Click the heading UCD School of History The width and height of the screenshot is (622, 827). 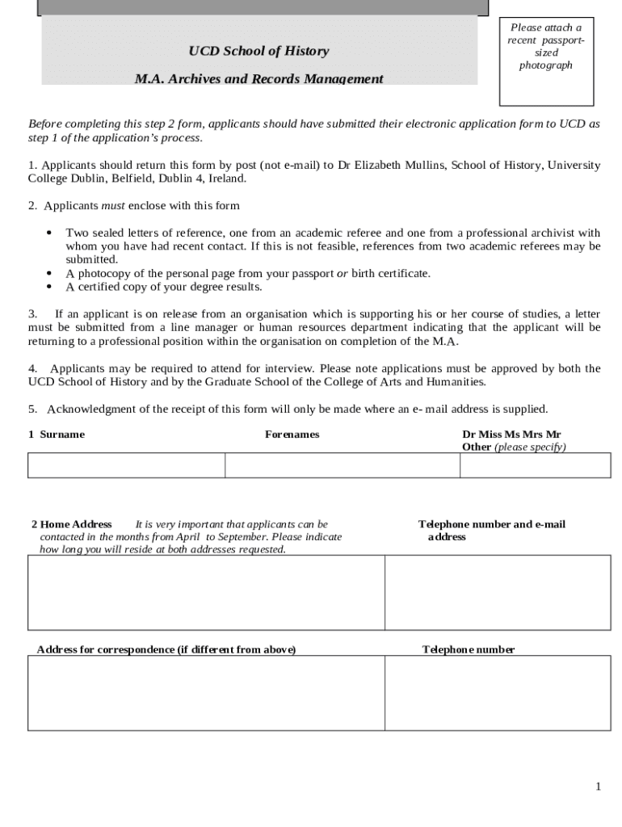tap(258, 52)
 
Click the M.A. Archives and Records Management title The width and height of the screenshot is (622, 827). tap(258, 79)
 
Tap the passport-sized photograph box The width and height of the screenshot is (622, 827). tap(546, 61)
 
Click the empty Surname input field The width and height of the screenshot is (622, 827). tap(126, 466)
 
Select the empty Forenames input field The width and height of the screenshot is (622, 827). tap(343, 466)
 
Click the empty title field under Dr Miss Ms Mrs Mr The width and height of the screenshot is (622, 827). tap(535, 466)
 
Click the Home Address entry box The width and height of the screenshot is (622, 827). tap(206, 592)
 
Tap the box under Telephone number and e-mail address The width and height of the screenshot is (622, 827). tap(498, 592)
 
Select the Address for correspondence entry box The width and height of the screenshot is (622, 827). tap(206, 693)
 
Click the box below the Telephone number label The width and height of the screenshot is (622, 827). tap(498, 693)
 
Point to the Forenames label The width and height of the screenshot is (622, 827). tap(292, 434)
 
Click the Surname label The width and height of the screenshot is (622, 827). tap(62, 434)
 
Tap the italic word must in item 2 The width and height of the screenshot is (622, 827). tap(113, 206)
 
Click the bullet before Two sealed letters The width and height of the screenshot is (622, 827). tap(49, 233)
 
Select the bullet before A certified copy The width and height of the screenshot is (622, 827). tap(49, 287)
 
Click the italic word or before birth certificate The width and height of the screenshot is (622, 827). tap(342, 274)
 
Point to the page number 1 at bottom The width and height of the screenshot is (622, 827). tap(598, 787)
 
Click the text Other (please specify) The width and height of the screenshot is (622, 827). tap(514, 447)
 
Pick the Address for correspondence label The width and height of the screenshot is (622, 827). tap(166, 650)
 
